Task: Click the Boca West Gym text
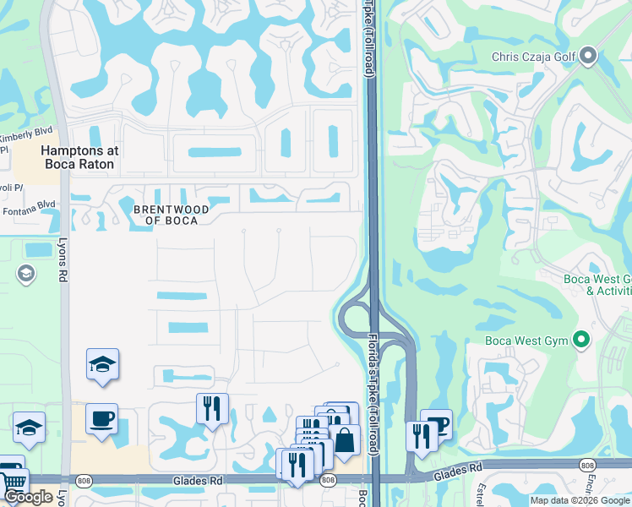[525, 341]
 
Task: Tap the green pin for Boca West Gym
[580, 341]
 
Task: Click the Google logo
[28, 497]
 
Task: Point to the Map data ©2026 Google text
[580, 500]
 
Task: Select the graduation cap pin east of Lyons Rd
[102, 365]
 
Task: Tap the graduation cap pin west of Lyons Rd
[29, 428]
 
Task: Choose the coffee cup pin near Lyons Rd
[102, 420]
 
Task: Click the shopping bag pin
[345, 441]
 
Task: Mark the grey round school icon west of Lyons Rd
[25, 273]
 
